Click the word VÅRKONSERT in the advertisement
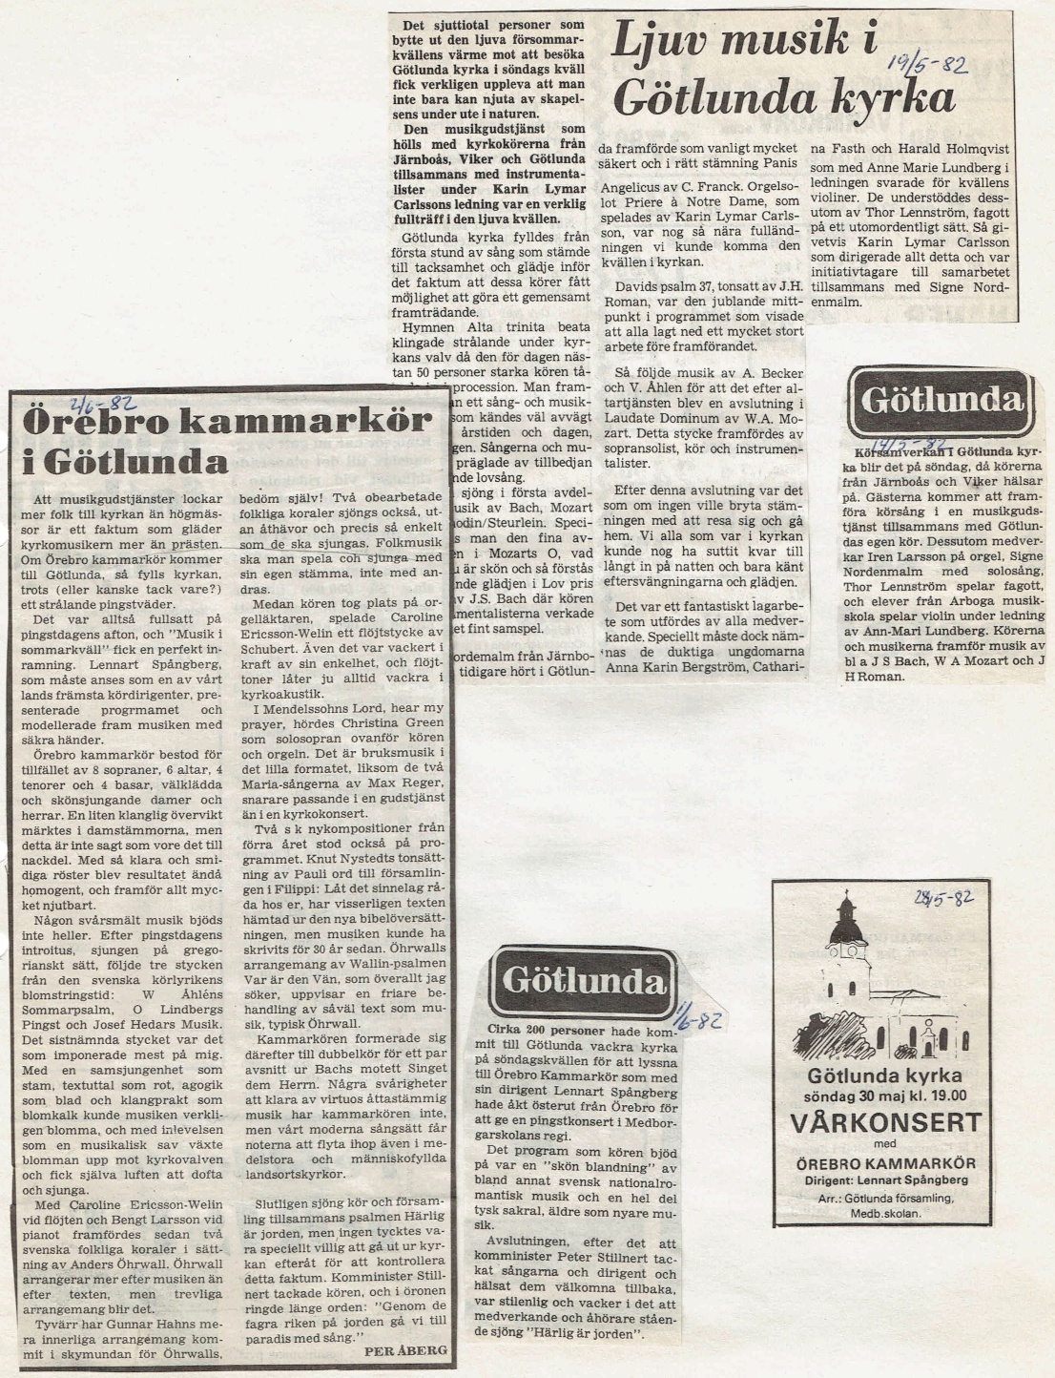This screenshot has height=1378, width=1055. coord(873,1120)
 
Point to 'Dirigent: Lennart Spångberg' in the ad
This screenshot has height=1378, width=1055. coord(873,1180)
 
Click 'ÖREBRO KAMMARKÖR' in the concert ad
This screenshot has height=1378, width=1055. coord(873,1163)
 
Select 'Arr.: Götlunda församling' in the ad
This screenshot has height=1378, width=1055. coord(873,1198)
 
